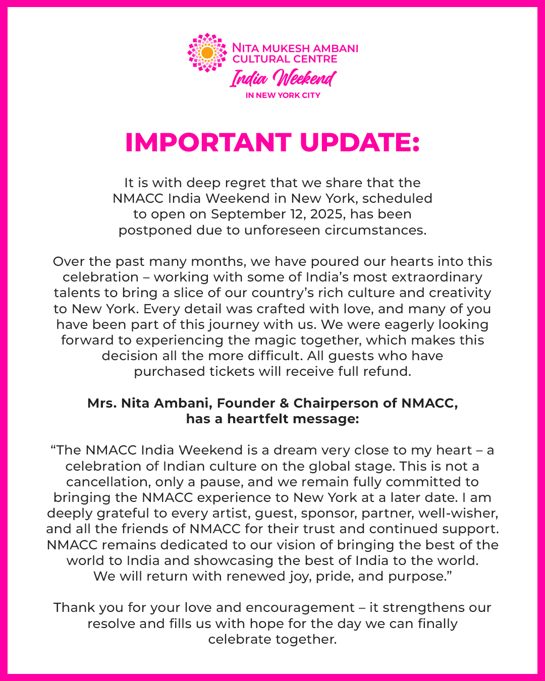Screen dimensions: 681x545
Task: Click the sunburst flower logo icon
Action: click(207, 53)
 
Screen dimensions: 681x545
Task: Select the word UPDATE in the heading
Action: click(359, 143)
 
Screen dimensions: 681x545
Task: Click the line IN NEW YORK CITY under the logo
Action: click(283, 95)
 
